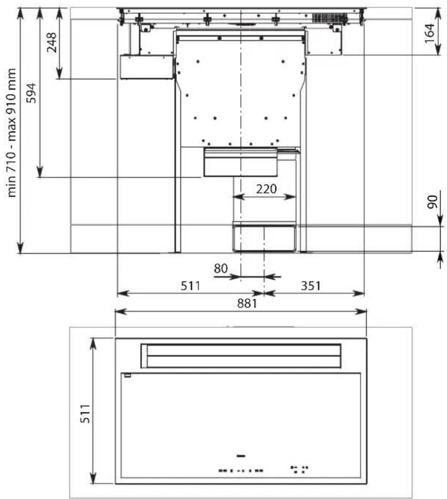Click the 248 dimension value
(x=51, y=42)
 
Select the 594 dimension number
(x=31, y=93)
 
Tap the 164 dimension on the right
(x=429, y=33)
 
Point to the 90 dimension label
(x=433, y=202)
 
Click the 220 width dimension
(x=266, y=189)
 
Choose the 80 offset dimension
(x=221, y=269)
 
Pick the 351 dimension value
(x=311, y=286)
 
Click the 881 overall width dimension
(x=247, y=303)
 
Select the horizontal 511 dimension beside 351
(x=191, y=286)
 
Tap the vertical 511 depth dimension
(x=85, y=414)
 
